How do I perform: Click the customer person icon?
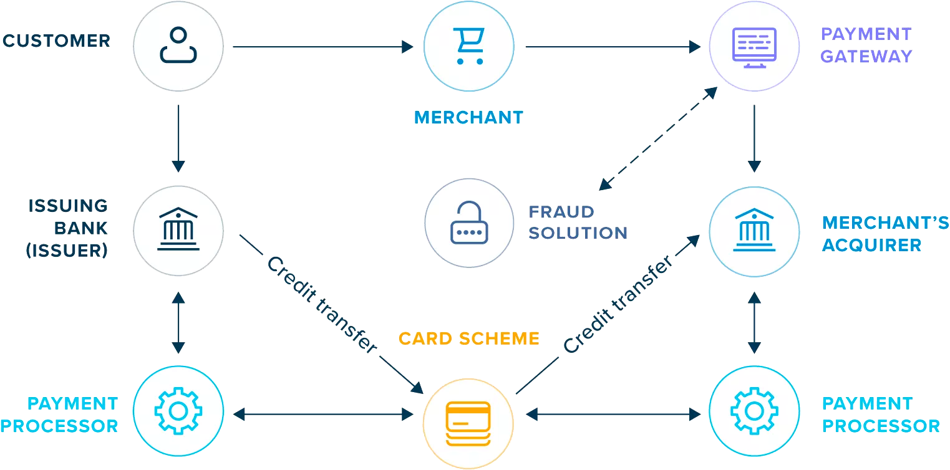(178, 46)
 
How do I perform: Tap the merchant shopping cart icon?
(468, 46)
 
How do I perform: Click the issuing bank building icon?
(178, 229)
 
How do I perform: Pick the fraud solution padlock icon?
(468, 223)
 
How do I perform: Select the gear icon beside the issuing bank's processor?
(178, 411)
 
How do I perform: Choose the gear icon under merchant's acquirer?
(754, 411)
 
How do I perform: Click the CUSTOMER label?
(56, 41)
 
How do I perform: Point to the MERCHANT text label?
(468, 117)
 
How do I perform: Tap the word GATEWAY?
(866, 56)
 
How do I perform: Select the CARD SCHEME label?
(468, 339)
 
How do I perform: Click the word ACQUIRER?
(871, 245)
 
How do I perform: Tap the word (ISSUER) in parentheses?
(67, 251)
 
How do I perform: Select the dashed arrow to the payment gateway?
(657, 138)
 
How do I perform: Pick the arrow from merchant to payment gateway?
(613, 47)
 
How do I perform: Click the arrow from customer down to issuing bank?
(178, 138)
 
